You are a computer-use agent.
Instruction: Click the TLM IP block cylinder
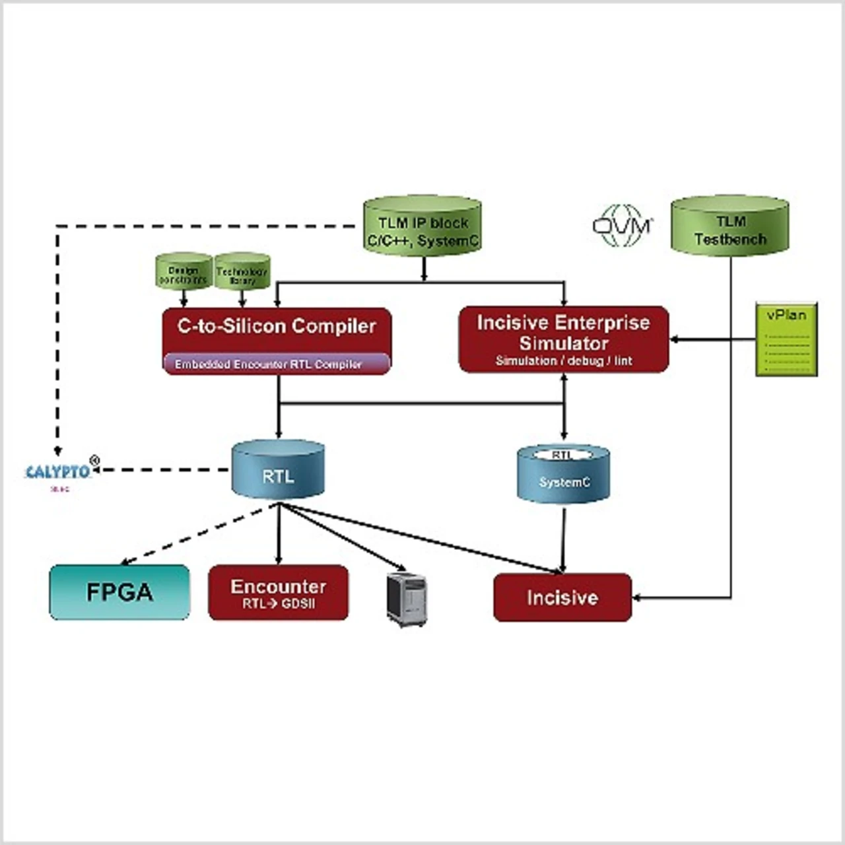[422, 228]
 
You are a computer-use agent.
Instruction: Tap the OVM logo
[623, 226]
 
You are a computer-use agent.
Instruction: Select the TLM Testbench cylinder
[730, 228]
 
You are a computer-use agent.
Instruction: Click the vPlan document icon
[786, 339]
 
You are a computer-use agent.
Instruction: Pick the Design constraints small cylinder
[184, 271]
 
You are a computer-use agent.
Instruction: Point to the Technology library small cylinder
[242, 272]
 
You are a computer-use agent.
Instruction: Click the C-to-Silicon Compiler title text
[277, 326]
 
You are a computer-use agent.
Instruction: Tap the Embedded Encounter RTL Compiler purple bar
[276, 364]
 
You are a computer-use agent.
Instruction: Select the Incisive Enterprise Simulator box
[563, 339]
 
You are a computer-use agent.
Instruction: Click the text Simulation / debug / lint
[563, 361]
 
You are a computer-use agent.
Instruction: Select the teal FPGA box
[119, 592]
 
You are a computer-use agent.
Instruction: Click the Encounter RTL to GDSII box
[278, 592]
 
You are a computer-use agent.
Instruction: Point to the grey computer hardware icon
[407, 599]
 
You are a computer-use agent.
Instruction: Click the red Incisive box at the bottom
[562, 597]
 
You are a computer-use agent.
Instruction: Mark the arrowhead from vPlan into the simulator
[675, 340]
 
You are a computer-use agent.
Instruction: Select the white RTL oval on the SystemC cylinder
[562, 455]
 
